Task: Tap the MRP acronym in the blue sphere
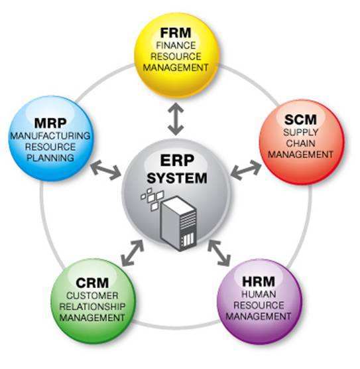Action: [51, 123]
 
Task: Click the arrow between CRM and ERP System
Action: [133, 251]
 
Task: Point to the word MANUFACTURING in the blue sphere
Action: [50, 136]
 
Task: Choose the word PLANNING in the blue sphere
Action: [51, 159]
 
